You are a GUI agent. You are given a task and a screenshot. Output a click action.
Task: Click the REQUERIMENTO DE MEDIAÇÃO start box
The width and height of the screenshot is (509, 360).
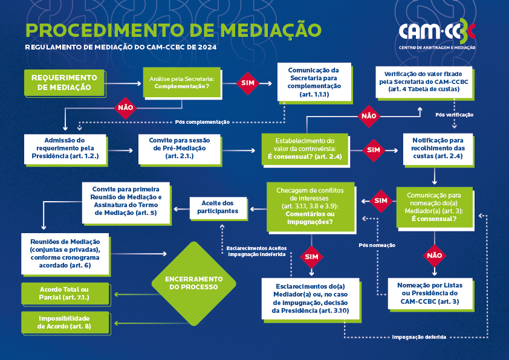63,83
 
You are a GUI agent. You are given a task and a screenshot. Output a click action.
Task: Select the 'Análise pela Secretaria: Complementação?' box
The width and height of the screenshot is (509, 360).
182,83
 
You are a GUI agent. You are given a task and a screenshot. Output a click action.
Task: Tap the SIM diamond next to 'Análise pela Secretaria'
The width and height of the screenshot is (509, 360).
248,83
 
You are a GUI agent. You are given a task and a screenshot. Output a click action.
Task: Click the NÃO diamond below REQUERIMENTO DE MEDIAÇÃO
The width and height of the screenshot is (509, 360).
125,108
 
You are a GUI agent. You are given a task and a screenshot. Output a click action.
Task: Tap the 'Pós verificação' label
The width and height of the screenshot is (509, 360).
454,115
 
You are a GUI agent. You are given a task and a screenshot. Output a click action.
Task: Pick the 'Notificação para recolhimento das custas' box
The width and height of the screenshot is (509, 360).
435,149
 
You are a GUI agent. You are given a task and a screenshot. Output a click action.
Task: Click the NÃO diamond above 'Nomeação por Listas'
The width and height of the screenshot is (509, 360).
434,255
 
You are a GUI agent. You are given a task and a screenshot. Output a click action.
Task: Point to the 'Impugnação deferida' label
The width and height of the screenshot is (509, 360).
419,337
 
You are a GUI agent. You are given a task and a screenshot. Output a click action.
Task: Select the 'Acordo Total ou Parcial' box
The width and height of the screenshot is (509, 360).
64,294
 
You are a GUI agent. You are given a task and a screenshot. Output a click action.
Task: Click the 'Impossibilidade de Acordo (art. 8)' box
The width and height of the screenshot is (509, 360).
64,323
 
